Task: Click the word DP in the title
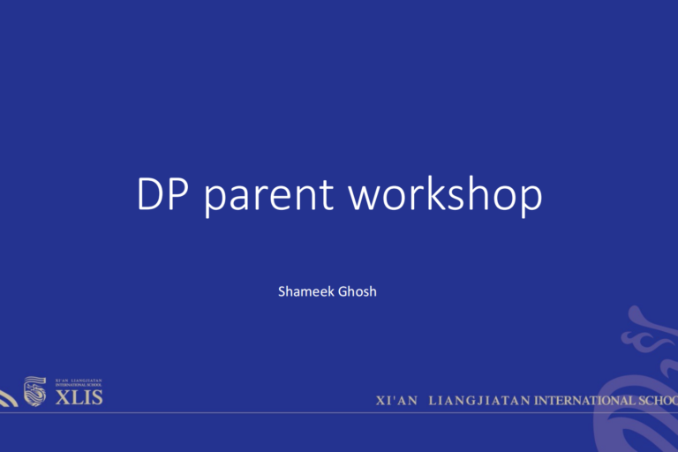[x=165, y=195]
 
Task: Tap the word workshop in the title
[x=446, y=195]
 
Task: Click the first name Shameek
[x=306, y=290]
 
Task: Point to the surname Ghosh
[x=358, y=290]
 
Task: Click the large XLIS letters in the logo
[x=79, y=397]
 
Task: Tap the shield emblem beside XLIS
[x=34, y=392]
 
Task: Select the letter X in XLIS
[x=62, y=397]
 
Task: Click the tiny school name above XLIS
[x=79, y=383]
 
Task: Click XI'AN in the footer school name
[x=396, y=401]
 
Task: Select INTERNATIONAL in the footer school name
[x=585, y=401]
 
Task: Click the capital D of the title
[x=152, y=195]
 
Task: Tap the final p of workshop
[x=529, y=200]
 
